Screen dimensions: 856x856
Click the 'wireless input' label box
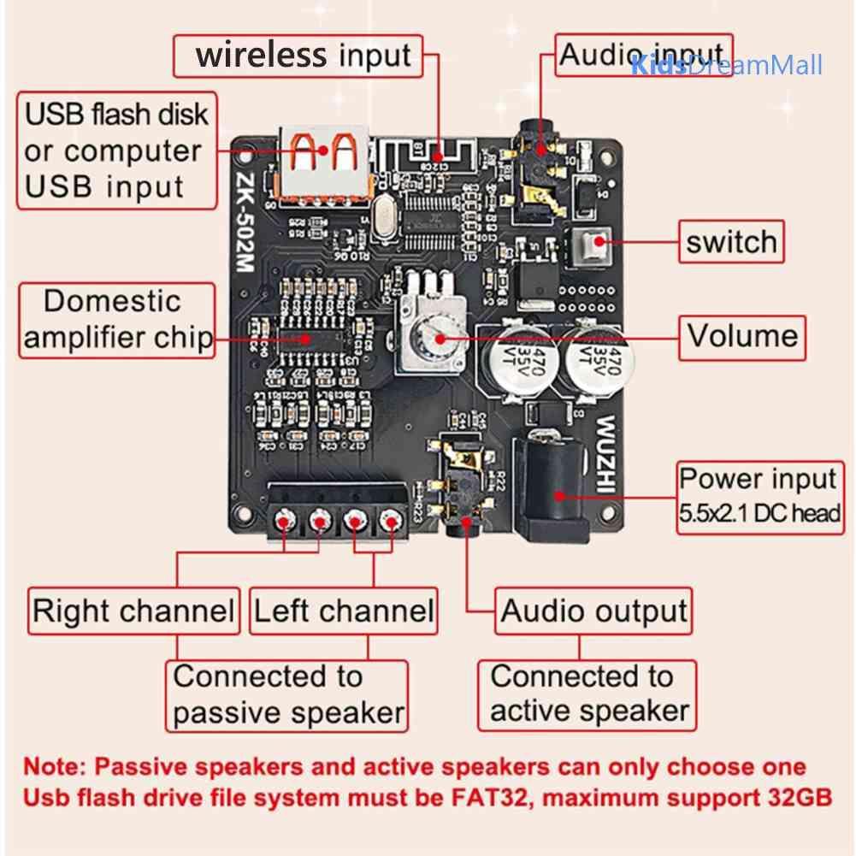tap(304, 56)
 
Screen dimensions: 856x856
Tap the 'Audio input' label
tap(642, 55)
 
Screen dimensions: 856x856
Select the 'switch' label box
tap(730, 243)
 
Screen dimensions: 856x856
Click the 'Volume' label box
tap(742, 335)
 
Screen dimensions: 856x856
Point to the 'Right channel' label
tap(133, 611)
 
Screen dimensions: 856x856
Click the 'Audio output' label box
tap(593, 611)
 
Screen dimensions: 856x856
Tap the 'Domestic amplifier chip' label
tap(117, 320)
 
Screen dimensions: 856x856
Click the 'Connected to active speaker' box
tap(587, 694)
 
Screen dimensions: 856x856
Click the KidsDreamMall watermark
tap(727, 65)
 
